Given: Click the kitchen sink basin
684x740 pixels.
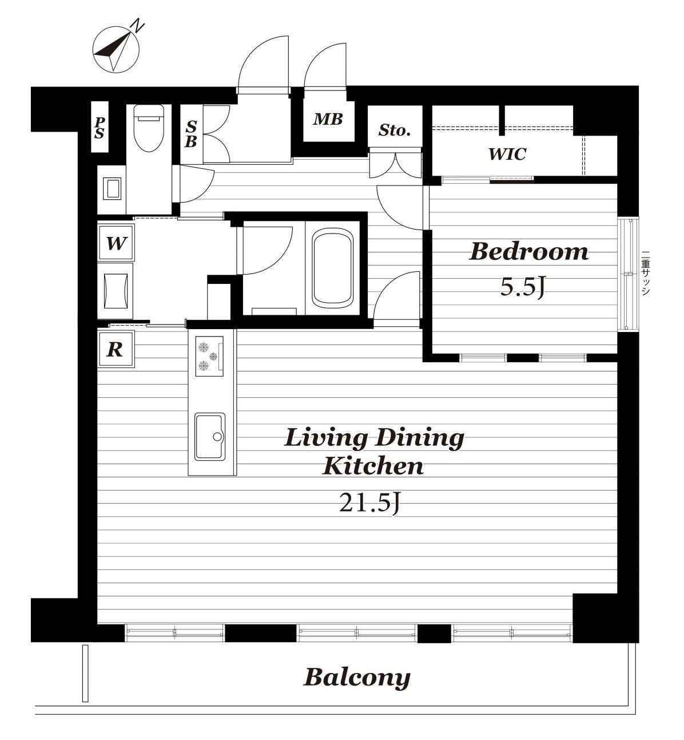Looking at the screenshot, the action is (x=210, y=437).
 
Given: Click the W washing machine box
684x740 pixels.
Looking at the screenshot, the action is (x=116, y=243).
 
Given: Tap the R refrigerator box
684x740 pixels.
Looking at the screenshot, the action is (x=116, y=350).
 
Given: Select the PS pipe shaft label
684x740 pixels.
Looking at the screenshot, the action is (x=100, y=128).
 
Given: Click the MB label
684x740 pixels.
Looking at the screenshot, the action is (x=328, y=119).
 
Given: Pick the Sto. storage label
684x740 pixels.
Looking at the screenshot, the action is (x=395, y=130).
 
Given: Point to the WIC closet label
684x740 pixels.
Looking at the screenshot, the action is (x=507, y=153).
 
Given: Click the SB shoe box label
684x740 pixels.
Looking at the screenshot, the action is (x=191, y=134).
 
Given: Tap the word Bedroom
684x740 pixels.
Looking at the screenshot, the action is (x=529, y=251).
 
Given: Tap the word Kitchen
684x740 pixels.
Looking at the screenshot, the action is (x=373, y=466).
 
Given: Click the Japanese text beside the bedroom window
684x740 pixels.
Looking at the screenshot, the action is (x=646, y=274).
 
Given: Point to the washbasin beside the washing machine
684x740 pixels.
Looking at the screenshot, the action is (x=116, y=291).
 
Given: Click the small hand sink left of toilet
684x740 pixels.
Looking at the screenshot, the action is (x=112, y=189).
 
